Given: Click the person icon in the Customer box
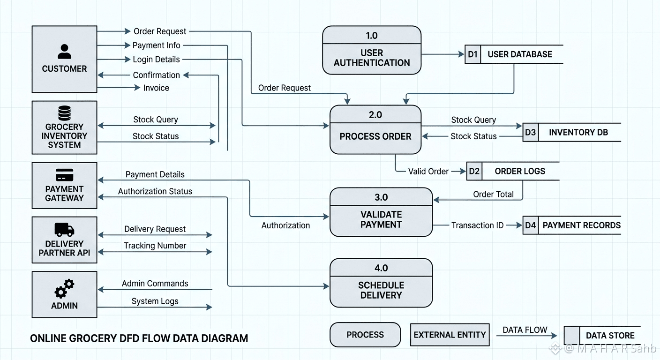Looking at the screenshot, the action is pyautogui.click(x=64, y=52).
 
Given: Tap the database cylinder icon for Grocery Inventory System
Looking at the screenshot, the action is pyautogui.click(x=64, y=113).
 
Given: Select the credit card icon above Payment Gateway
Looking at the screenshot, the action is pyautogui.click(x=64, y=175).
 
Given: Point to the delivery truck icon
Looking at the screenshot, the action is pyautogui.click(x=64, y=230).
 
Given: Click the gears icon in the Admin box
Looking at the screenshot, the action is pyautogui.click(x=64, y=288).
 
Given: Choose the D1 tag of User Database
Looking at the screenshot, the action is pyautogui.click(x=472, y=54).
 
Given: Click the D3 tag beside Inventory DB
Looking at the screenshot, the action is pyautogui.click(x=530, y=132).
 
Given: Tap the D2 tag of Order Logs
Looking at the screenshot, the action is pyautogui.click(x=474, y=171).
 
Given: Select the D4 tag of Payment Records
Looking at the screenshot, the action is pyautogui.click(x=530, y=225).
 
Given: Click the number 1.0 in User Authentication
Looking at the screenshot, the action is pyautogui.click(x=372, y=36).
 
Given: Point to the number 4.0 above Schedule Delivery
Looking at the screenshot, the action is pyautogui.click(x=381, y=268).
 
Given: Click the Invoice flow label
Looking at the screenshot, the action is pyautogui.click(x=156, y=88).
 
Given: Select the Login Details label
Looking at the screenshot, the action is pyautogui.click(x=156, y=60).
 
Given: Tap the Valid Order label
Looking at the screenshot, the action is pyautogui.click(x=428, y=172).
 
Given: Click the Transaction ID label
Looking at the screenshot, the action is pyautogui.click(x=477, y=225).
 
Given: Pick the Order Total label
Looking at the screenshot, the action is pyautogui.click(x=493, y=195).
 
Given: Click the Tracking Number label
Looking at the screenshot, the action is pyautogui.click(x=155, y=246).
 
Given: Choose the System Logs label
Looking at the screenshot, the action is pyautogui.click(x=155, y=301).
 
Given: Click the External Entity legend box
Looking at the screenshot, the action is pyautogui.click(x=450, y=335).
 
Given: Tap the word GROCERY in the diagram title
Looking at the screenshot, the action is pyautogui.click(x=92, y=338).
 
